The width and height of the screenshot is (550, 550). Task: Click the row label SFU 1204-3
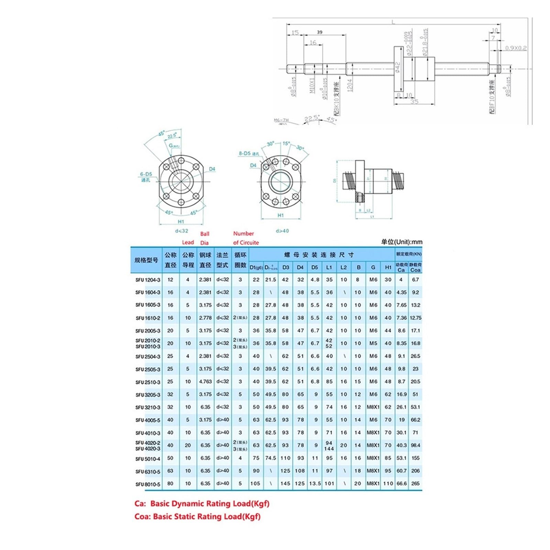pyautogui.click(x=148, y=280)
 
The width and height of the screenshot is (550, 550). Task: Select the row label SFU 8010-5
pyautogui.click(x=148, y=484)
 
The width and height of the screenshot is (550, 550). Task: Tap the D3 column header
pyautogui.click(x=286, y=267)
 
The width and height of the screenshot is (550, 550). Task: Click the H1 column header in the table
pyautogui.click(x=388, y=267)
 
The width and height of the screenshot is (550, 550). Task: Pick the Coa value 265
pyautogui.click(x=415, y=483)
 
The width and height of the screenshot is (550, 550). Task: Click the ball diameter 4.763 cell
pyautogui.click(x=205, y=382)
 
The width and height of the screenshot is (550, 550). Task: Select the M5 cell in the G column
pyautogui.click(x=373, y=343)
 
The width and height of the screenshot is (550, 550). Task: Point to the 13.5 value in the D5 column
pyautogui.click(x=315, y=483)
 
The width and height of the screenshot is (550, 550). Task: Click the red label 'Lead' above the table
pyautogui.click(x=188, y=242)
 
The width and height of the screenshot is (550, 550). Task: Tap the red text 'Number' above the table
pyautogui.click(x=243, y=233)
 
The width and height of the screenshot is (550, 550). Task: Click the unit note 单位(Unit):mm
pyautogui.click(x=401, y=242)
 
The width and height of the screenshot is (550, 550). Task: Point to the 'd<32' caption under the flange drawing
pyautogui.click(x=181, y=231)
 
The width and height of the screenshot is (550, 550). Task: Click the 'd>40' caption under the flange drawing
pyautogui.click(x=282, y=231)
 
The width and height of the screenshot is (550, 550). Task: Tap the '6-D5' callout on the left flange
pyautogui.click(x=146, y=174)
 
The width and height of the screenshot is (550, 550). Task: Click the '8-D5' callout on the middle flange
pyautogui.click(x=245, y=153)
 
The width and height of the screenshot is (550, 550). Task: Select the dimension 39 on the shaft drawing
pyautogui.click(x=320, y=32)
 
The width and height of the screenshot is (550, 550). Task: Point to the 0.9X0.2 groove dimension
pyautogui.click(x=516, y=48)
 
